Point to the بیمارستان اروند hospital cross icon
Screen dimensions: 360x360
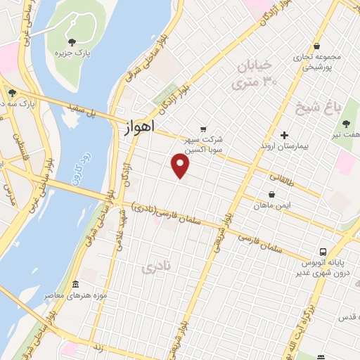coord(285,135)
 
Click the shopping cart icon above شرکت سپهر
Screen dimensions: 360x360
coord(203,129)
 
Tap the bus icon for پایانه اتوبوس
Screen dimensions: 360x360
coord(323,252)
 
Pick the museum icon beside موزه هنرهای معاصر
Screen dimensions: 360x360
coord(75,284)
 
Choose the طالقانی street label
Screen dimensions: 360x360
coord(295,179)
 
